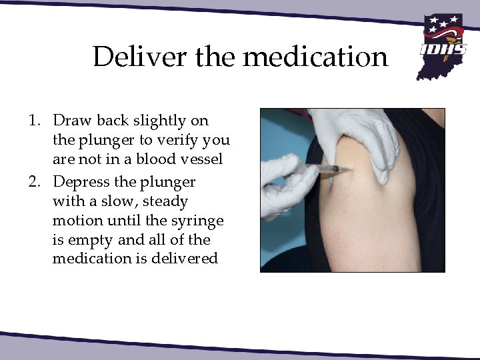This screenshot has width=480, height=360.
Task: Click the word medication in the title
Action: coord(315,57)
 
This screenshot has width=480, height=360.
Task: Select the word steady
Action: coord(165,201)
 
